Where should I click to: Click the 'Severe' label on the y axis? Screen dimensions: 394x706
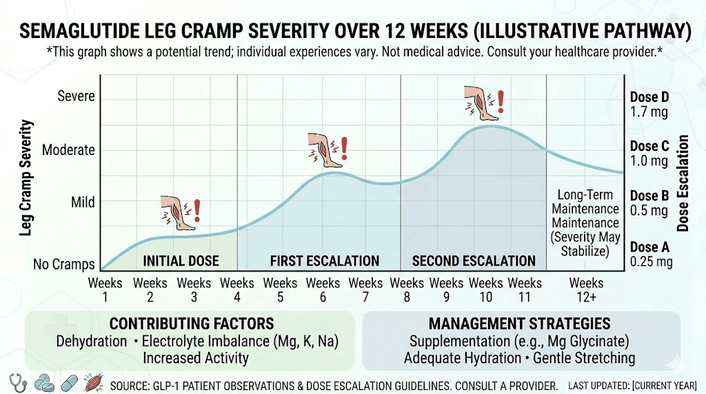[x=76, y=96]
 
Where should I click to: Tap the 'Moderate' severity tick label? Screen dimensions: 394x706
[x=68, y=149]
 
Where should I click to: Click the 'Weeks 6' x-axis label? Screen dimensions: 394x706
[x=323, y=290]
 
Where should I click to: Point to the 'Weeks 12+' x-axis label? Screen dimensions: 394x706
[x=586, y=290]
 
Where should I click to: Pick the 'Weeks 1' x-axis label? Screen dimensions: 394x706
[x=105, y=290]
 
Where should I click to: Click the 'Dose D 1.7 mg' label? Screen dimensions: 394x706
[x=649, y=104]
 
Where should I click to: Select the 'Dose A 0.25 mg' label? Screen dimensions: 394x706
[x=649, y=254]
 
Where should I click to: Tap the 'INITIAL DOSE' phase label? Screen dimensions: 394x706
[x=181, y=261]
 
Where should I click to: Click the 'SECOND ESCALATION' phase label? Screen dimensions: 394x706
[x=474, y=261]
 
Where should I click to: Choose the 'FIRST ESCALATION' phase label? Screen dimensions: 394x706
[x=324, y=261]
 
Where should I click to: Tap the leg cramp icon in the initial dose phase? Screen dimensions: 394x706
[x=181, y=212]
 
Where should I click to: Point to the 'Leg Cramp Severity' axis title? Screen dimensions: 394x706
[x=27, y=178]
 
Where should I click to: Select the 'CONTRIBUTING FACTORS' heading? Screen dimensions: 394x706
[x=192, y=324]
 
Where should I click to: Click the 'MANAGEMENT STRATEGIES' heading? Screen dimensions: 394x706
[x=519, y=324]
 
